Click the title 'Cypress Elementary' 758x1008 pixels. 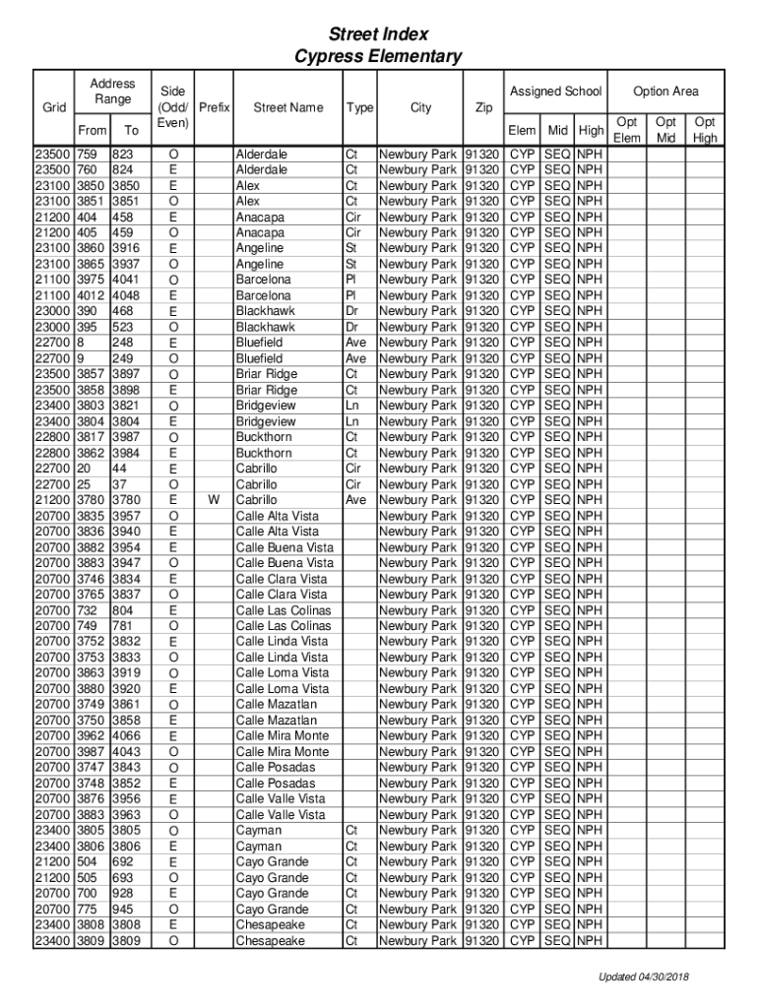[378, 56]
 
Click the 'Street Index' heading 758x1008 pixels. [378, 34]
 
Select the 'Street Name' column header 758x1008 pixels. [287, 107]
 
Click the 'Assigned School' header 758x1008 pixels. [555, 92]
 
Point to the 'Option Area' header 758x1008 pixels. [665, 92]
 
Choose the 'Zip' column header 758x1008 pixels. [483, 107]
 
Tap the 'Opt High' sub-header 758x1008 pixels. [705, 130]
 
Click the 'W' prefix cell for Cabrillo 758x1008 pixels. [214, 500]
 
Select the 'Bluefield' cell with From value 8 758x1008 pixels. [259, 343]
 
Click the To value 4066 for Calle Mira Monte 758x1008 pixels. [126, 735]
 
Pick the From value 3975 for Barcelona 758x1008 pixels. [93, 280]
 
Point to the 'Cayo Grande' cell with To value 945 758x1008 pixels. [272, 909]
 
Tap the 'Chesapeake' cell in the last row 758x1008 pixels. [270, 940]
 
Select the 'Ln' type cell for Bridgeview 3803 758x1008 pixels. [351, 406]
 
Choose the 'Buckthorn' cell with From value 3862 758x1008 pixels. [264, 453]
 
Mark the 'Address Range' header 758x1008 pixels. [112, 92]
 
